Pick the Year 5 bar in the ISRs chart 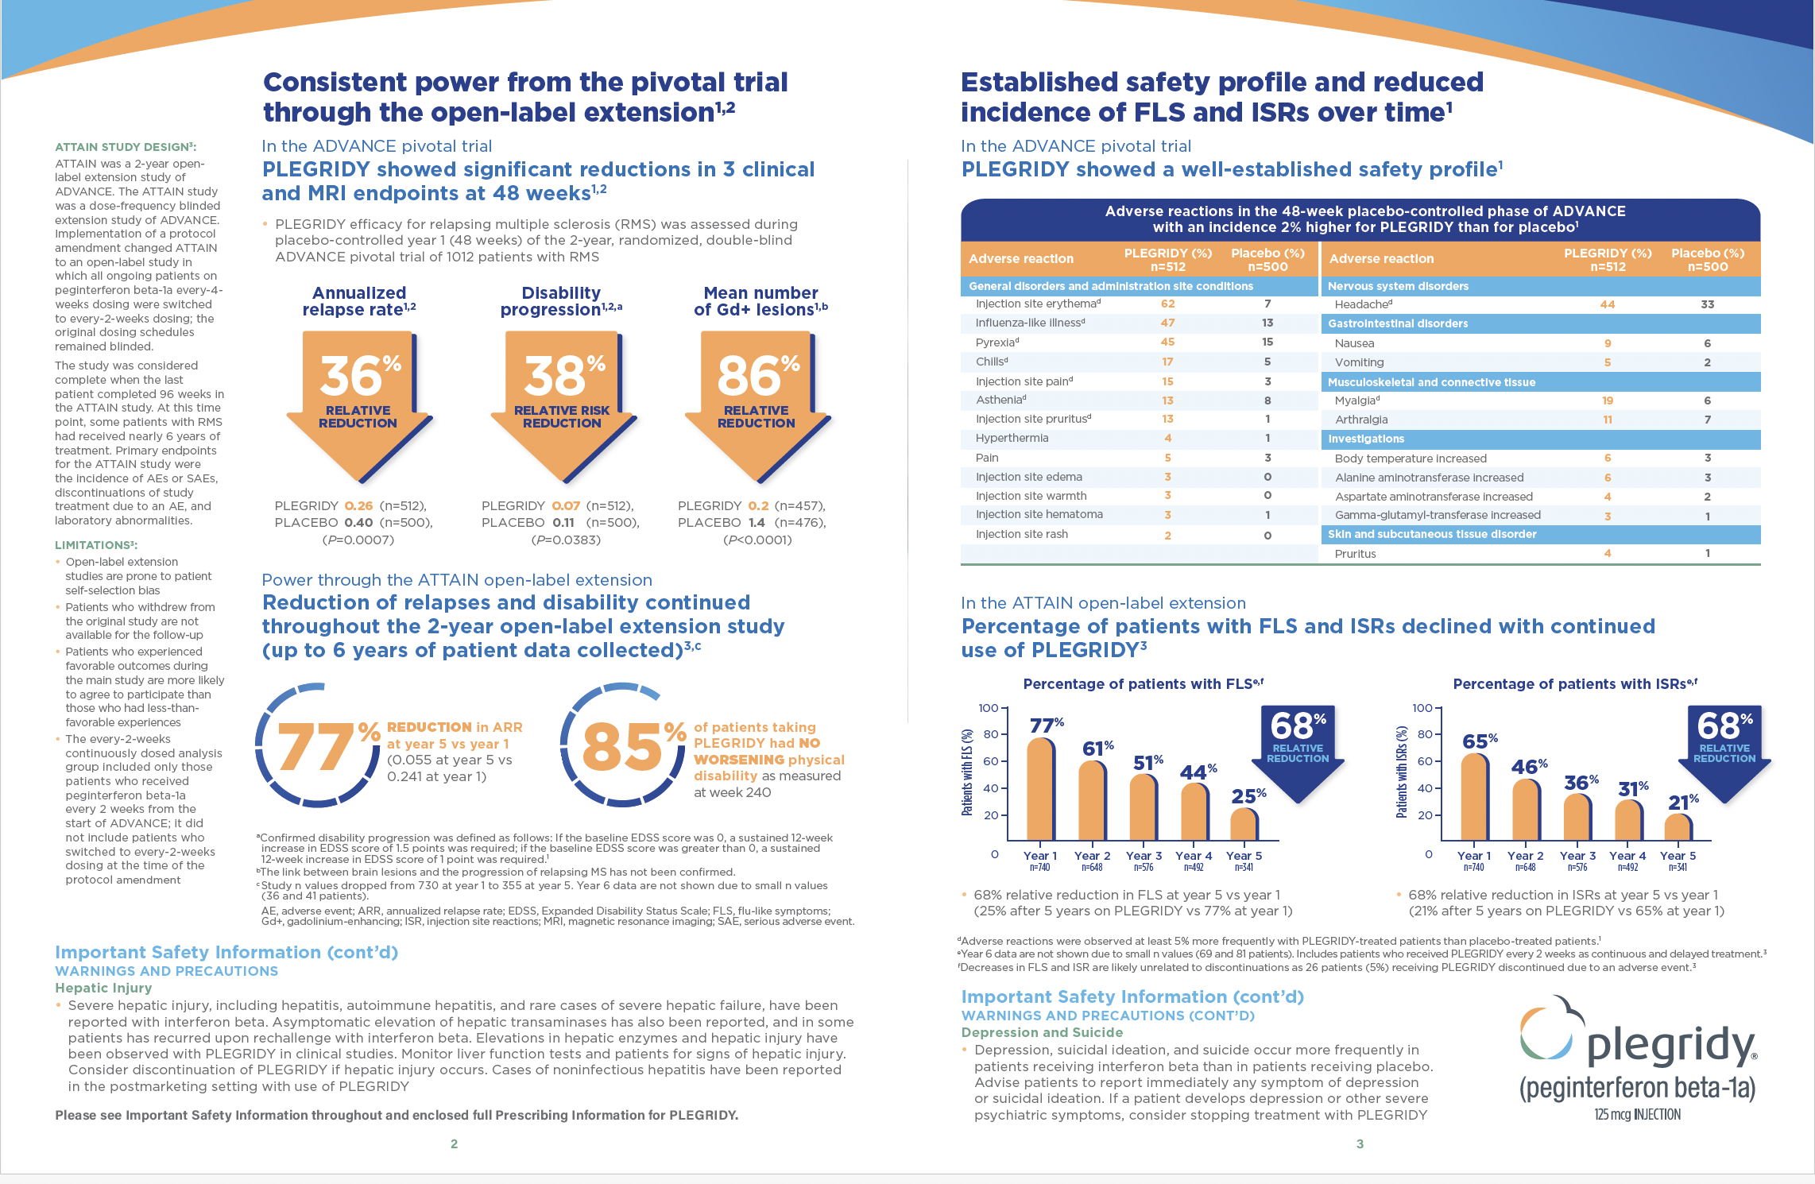click(1678, 827)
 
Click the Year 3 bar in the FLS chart click(1144, 807)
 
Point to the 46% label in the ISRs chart click(1529, 767)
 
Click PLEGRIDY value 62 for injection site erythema click(1167, 304)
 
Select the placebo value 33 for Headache click(1707, 304)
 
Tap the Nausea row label click(1354, 343)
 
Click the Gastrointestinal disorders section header click(1398, 323)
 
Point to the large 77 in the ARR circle click(315, 748)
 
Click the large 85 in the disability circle click(621, 748)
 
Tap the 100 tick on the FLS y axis click(988, 708)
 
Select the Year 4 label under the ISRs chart click(1627, 856)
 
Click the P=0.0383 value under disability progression click(566, 540)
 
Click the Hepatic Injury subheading click(103, 988)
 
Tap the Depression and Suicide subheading click(1042, 1032)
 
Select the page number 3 click(1360, 1144)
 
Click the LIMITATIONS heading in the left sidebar click(96, 545)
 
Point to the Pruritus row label click(1355, 554)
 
